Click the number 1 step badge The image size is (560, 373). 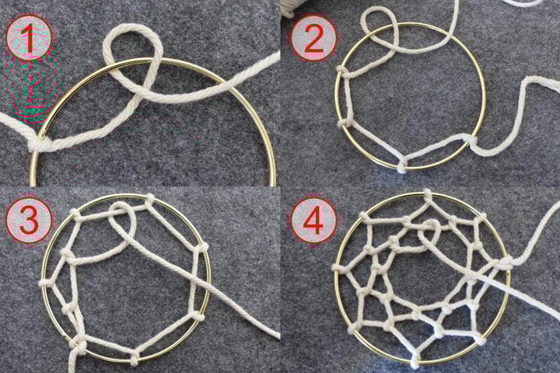pos(29,39)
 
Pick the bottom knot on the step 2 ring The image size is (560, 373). pos(401,166)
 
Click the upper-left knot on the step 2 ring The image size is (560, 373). pos(342,71)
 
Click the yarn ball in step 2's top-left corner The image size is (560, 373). pos(292,6)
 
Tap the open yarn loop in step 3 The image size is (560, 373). pos(123,221)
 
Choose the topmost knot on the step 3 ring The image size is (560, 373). pos(149,200)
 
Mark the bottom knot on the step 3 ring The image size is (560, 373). pos(135,359)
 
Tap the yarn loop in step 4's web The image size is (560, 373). pos(429,233)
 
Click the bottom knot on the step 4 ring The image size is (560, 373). pos(415,359)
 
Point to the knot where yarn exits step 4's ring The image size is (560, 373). pos(505,264)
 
